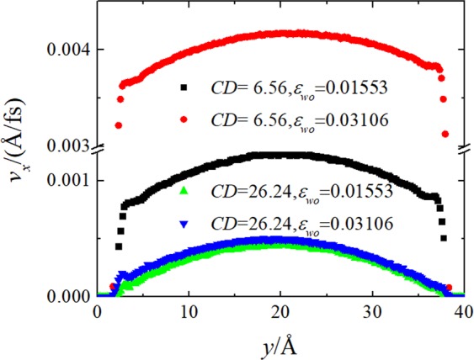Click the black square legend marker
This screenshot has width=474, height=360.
pos(182,87)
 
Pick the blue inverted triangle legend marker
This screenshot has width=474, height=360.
pos(182,220)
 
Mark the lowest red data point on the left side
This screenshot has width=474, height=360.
pos(119,125)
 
